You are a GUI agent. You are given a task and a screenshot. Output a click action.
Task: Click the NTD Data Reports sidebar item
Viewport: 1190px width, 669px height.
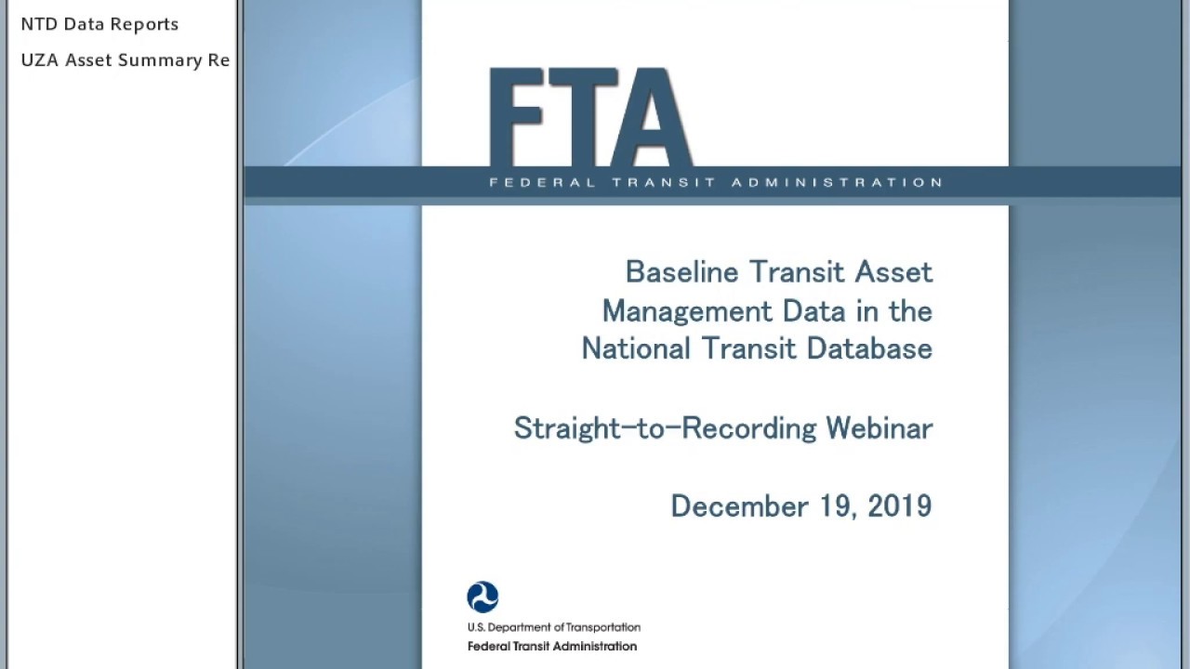click(x=99, y=24)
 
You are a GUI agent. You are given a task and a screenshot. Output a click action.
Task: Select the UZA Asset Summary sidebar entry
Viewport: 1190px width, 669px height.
click(x=125, y=60)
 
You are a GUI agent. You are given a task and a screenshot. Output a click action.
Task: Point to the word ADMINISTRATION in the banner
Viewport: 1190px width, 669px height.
click(x=837, y=182)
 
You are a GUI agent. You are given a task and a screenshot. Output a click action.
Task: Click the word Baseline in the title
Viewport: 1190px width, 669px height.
click(x=681, y=272)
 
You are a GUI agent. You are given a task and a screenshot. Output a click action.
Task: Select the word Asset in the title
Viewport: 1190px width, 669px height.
click(x=893, y=272)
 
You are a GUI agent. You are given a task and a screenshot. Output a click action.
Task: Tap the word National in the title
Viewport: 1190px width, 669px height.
click(x=636, y=348)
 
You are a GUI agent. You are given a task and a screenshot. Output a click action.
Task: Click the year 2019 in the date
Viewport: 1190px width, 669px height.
click(x=899, y=506)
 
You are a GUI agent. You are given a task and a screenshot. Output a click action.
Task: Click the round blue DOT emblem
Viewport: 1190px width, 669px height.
click(x=483, y=597)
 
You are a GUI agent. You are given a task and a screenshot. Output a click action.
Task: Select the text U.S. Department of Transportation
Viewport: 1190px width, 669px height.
click(x=553, y=628)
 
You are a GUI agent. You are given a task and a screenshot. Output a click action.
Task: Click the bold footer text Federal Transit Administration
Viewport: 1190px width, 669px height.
click(x=551, y=647)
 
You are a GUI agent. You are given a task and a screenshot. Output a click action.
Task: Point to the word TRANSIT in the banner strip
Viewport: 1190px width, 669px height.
click(x=664, y=182)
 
